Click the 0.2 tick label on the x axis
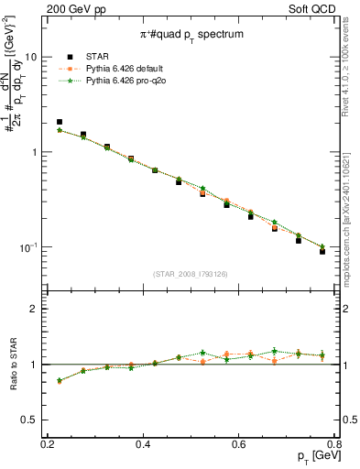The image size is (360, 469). point(48,444)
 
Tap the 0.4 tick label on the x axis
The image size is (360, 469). point(143,444)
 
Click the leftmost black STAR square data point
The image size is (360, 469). point(60,121)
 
